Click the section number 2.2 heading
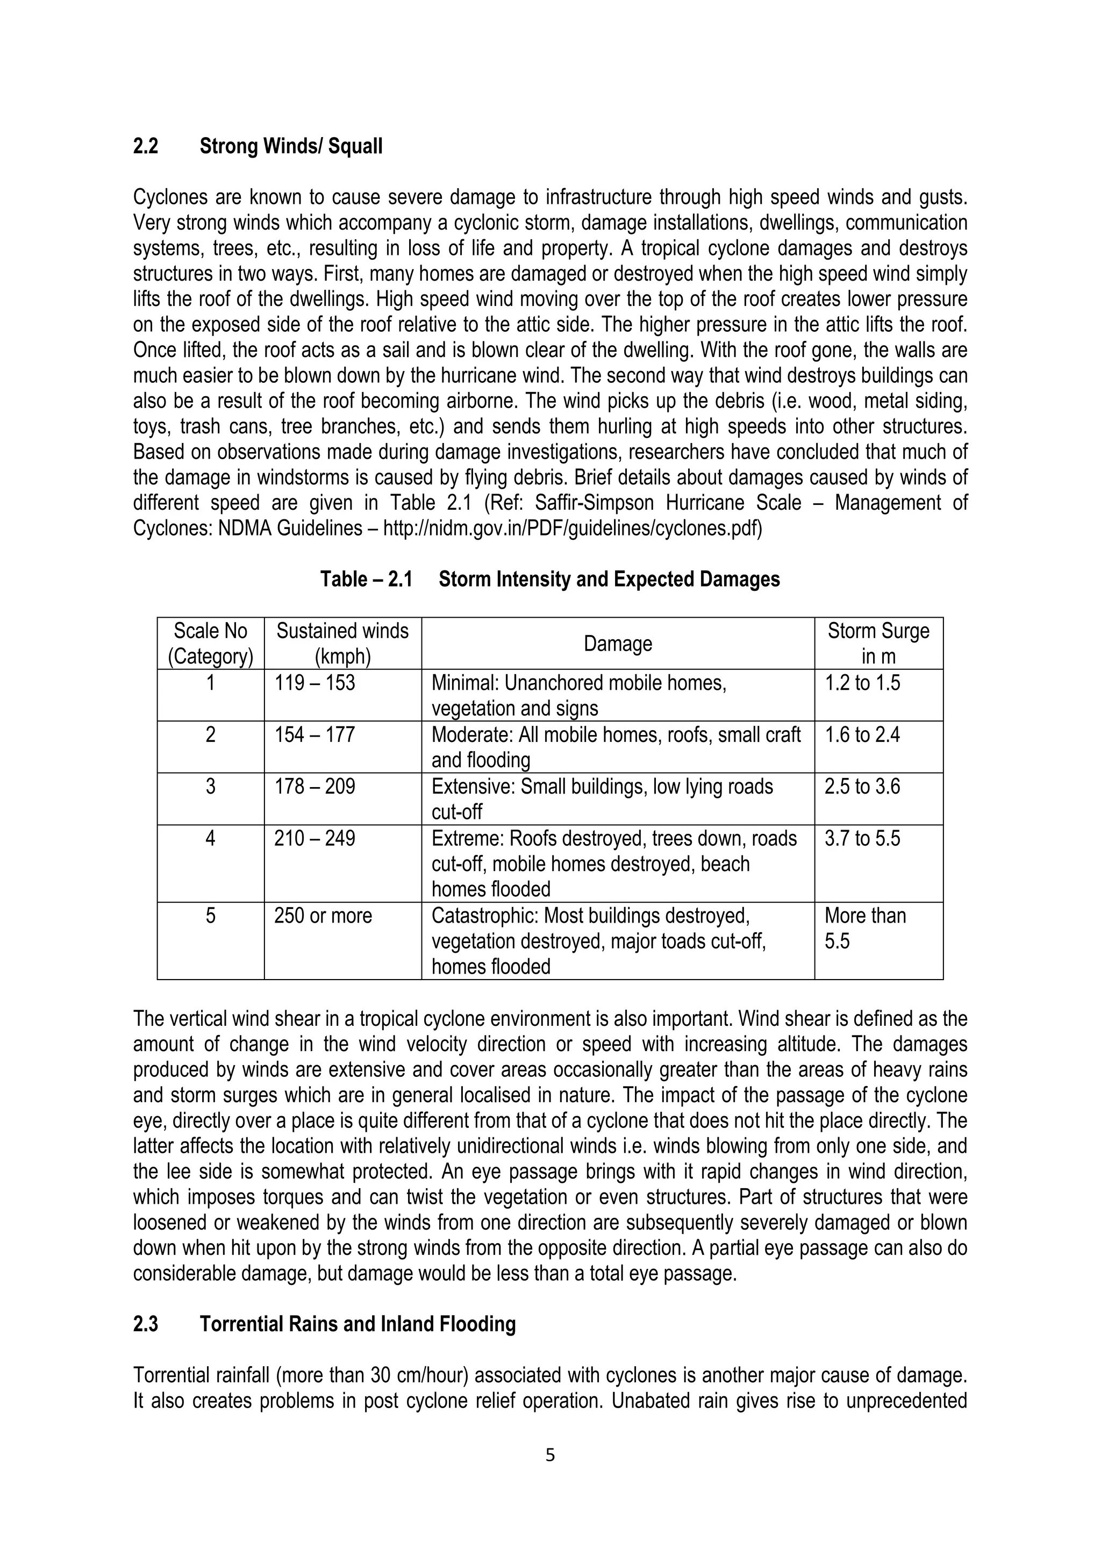coord(146,146)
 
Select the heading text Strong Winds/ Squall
coord(291,146)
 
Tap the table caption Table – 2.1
coord(366,580)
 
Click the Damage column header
coord(618,644)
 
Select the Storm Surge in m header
coord(878,644)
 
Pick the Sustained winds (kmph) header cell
coord(342,644)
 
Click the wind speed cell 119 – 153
coord(314,683)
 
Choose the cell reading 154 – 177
coord(314,735)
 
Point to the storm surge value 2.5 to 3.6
coord(862,787)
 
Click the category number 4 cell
coord(210,839)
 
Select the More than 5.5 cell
coord(865,929)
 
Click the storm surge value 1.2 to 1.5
coord(862,683)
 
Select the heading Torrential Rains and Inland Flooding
coord(358,1324)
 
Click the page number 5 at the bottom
coord(550,1455)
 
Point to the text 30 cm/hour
coord(419,1375)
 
